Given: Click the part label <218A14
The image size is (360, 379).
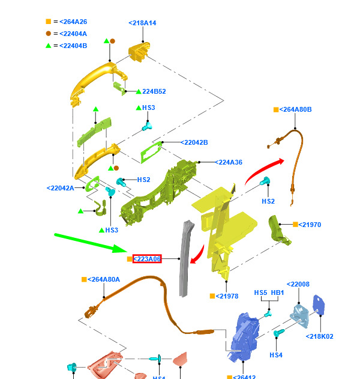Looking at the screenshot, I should pyautogui.click(x=142, y=23).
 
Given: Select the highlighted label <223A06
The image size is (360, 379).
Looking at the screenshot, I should pyautogui.click(x=147, y=259).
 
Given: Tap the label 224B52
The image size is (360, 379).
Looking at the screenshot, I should pyautogui.click(x=154, y=91).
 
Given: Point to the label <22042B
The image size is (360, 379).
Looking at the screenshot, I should pyautogui.click(x=194, y=142).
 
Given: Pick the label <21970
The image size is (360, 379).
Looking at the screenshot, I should pyautogui.click(x=310, y=225).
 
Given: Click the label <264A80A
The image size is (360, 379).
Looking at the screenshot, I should pyautogui.click(x=104, y=279).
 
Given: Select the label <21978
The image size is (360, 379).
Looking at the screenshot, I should pyautogui.click(x=227, y=296).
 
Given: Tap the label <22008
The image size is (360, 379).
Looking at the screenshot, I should pyautogui.click(x=298, y=284).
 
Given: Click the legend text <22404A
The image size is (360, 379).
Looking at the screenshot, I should pyautogui.click(x=73, y=34).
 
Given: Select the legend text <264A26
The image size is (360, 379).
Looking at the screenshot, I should pyautogui.click(x=73, y=22).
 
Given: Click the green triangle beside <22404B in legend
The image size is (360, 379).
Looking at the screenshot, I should pyautogui.click(x=48, y=46).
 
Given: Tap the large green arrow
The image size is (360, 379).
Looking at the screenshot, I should pyautogui.click(x=90, y=243).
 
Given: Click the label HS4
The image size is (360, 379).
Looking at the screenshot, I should pyautogui.click(x=275, y=355).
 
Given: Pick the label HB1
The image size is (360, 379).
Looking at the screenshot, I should pyautogui.click(x=277, y=293).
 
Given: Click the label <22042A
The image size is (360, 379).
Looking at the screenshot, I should pyautogui.click(x=61, y=188).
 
